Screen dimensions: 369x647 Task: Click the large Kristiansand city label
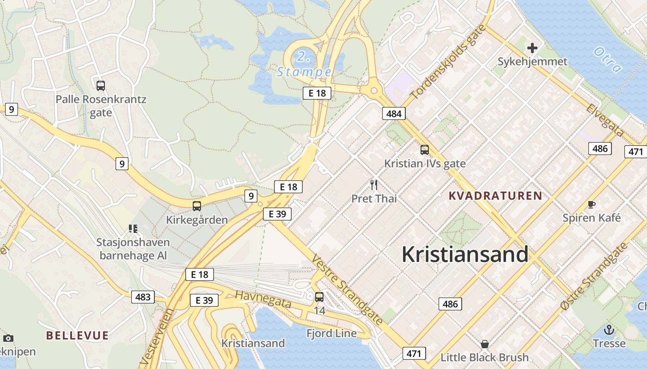pyautogui.click(x=464, y=254)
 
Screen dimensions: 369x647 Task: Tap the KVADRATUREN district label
pyautogui.click(x=495, y=196)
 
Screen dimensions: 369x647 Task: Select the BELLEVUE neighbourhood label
pyautogui.click(x=77, y=335)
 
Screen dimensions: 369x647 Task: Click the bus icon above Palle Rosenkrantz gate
pyautogui.click(x=100, y=85)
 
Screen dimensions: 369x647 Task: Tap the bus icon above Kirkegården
pyautogui.click(x=197, y=206)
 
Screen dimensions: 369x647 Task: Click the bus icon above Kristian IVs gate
pyautogui.click(x=424, y=150)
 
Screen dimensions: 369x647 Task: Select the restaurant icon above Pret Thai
pyautogui.click(x=374, y=185)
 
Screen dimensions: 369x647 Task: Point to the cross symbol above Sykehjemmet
pyautogui.click(x=532, y=48)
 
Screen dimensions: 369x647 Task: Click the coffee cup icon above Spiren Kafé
pyautogui.click(x=591, y=204)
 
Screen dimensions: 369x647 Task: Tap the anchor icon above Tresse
pyautogui.click(x=609, y=330)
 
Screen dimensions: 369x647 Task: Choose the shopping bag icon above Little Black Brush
pyautogui.click(x=484, y=344)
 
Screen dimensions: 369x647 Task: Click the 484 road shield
pyautogui.click(x=394, y=113)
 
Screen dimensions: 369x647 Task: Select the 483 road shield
pyautogui.click(x=143, y=297)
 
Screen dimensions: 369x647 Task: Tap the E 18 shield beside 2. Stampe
pyautogui.click(x=317, y=93)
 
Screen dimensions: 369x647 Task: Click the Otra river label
pyautogui.click(x=608, y=60)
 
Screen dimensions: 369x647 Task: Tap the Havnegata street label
pyautogui.click(x=263, y=299)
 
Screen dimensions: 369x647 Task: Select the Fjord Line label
pyautogui.click(x=331, y=333)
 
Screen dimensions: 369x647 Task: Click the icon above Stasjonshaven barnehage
pyautogui.click(x=133, y=228)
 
